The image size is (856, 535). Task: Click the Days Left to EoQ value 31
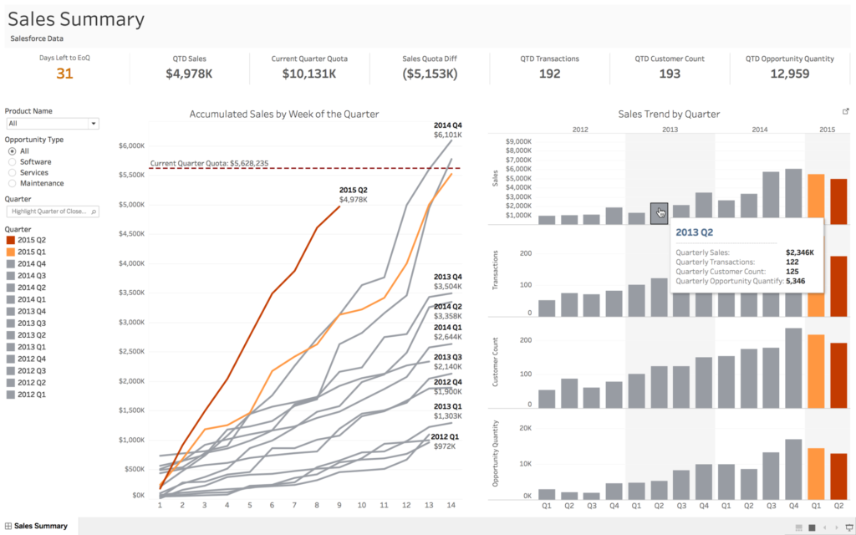[x=65, y=74]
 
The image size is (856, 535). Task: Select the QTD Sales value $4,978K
[x=189, y=74]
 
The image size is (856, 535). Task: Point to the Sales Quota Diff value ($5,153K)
[x=430, y=74]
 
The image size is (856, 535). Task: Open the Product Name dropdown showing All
[x=52, y=123]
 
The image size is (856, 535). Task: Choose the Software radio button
[x=13, y=161]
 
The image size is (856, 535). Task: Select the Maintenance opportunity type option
[x=13, y=183]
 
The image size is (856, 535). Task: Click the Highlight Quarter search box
[x=52, y=211]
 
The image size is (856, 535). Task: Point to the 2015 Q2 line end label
[x=353, y=195]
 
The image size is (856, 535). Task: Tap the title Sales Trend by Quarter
[x=668, y=114]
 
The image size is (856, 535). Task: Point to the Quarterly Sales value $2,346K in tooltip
[x=799, y=252]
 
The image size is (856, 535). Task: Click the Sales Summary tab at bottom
[x=40, y=526]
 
